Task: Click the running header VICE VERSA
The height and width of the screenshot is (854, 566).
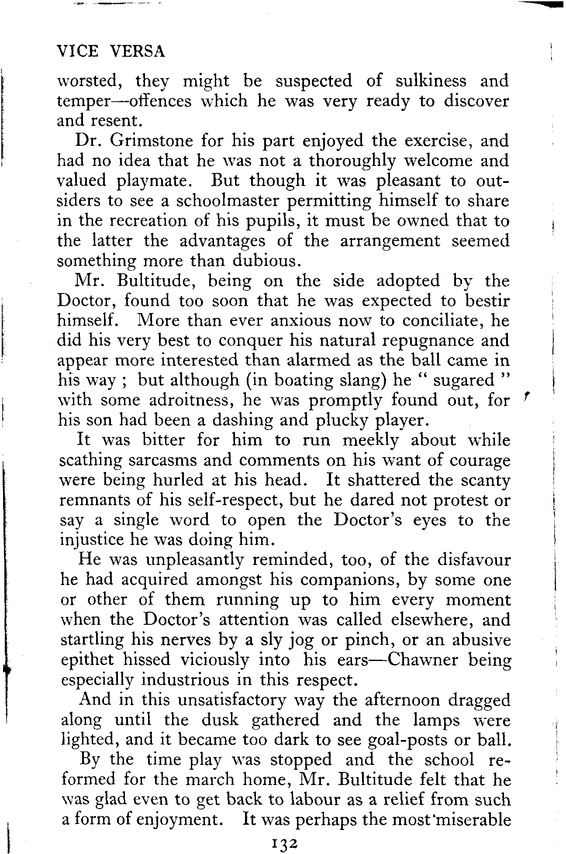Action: (111, 52)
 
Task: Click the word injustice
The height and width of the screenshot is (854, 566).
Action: (91, 540)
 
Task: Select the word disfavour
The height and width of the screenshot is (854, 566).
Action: (473, 560)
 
